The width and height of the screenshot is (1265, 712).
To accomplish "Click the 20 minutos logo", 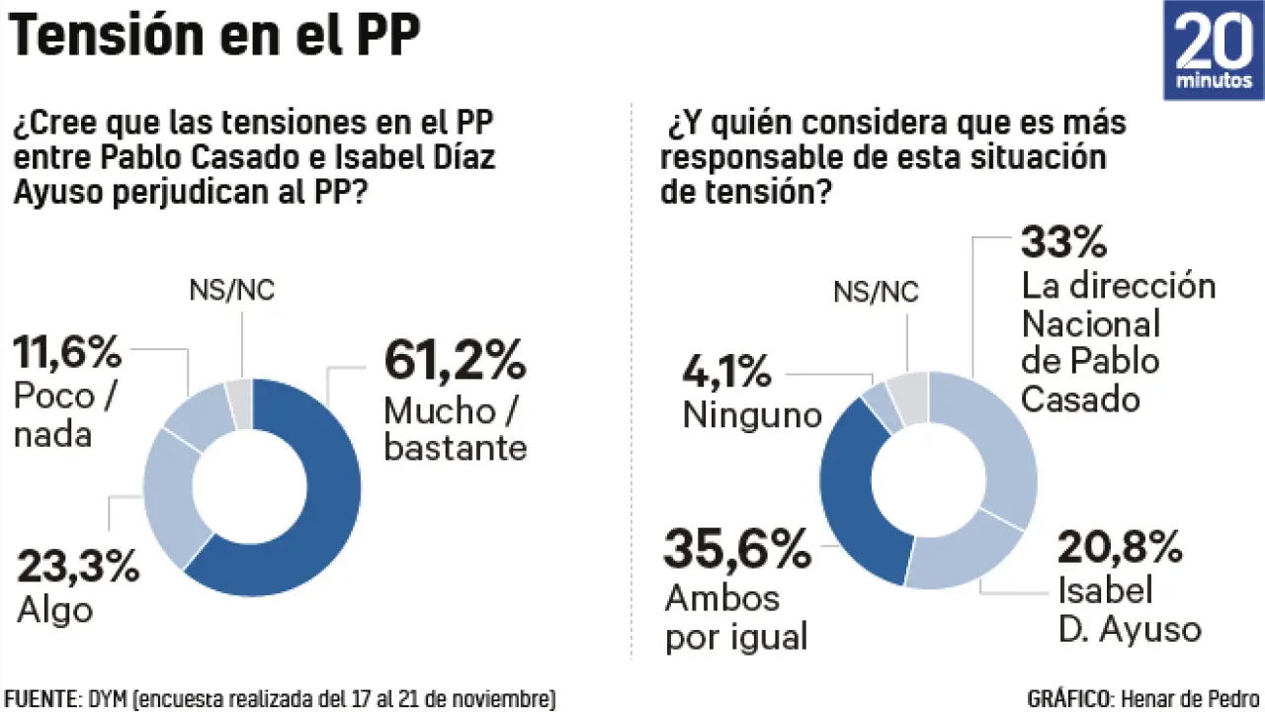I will click(1214, 50).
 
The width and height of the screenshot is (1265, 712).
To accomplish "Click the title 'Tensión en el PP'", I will click(215, 39).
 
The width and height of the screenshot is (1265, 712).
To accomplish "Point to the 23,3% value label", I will click(77, 568).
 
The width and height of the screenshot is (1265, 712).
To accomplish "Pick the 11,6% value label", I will click(67, 350).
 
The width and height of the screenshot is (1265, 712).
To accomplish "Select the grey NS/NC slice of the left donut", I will click(239, 402).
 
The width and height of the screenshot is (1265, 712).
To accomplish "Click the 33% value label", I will click(1062, 241).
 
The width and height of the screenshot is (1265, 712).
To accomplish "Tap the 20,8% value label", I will click(1120, 546).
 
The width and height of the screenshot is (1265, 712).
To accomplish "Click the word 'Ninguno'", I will click(752, 414).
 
